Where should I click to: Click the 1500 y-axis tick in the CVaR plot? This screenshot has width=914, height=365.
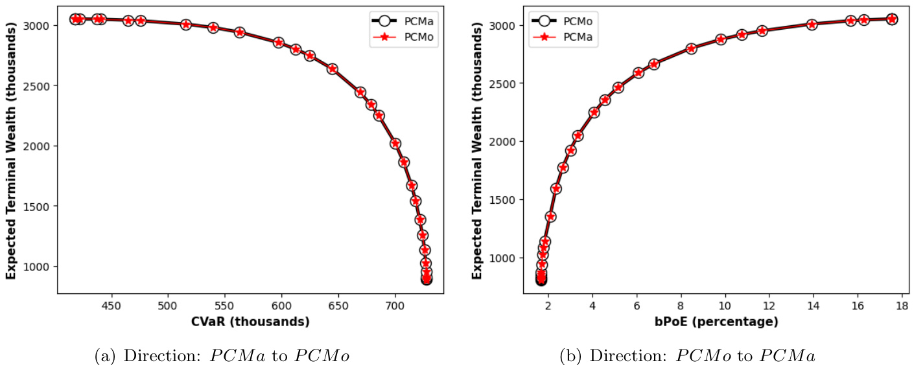click(x=38, y=206)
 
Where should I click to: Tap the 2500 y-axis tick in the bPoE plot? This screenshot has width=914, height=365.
click(x=504, y=83)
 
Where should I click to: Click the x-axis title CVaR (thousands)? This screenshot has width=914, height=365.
click(x=250, y=322)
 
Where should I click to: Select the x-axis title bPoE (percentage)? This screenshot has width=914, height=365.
click(x=716, y=322)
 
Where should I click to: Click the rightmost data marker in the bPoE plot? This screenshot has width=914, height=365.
click(x=892, y=19)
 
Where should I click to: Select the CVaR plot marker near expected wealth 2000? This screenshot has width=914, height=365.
click(x=395, y=144)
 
